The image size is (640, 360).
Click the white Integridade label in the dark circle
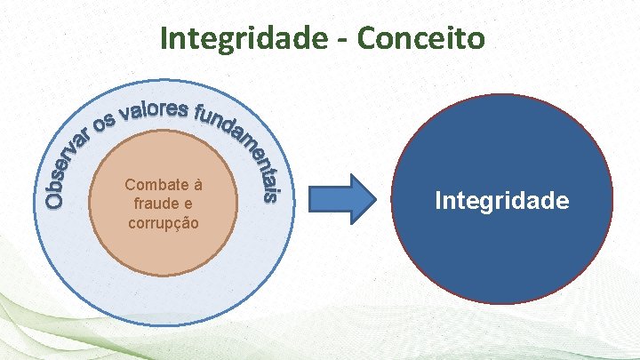pos(502,201)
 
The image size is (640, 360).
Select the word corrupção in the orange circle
pos(164,222)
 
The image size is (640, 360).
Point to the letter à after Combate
pos(198,186)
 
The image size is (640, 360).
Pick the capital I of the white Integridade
pos(438,201)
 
